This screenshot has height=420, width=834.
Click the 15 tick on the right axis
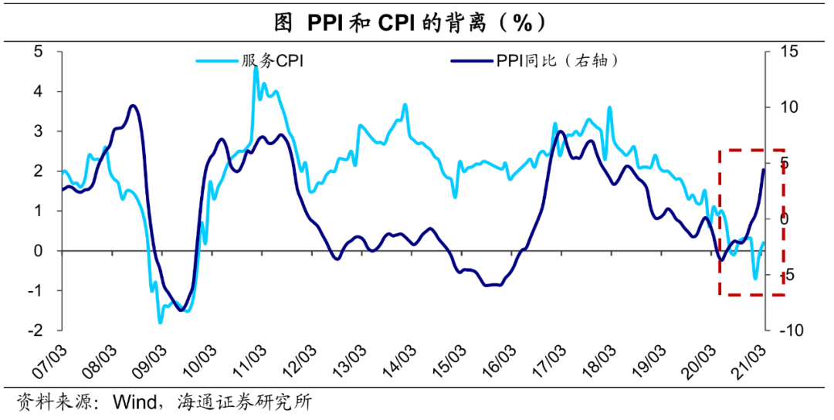787,52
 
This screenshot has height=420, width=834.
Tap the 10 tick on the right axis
787,107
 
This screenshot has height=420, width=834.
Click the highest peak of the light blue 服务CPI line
256,67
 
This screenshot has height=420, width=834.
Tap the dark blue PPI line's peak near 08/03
133,106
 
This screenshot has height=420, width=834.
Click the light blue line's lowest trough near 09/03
160,322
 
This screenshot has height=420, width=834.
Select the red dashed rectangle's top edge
752,151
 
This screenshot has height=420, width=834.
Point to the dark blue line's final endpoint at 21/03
764,170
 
